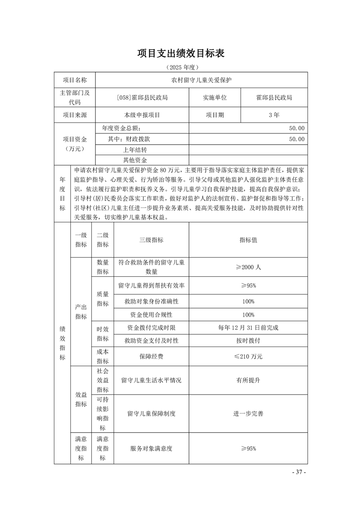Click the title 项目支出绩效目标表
[x=181, y=54]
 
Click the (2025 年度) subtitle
[x=181, y=67]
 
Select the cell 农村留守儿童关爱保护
[x=201, y=80]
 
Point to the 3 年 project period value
[x=274, y=115]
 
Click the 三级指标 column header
[x=151, y=240]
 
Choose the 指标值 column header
[x=248, y=240]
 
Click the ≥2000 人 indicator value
[x=248, y=267]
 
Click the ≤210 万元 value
[x=248, y=357]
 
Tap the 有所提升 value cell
[x=248, y=381]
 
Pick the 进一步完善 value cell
[x=248, y=413]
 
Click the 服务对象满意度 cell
[x=151, y=448]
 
